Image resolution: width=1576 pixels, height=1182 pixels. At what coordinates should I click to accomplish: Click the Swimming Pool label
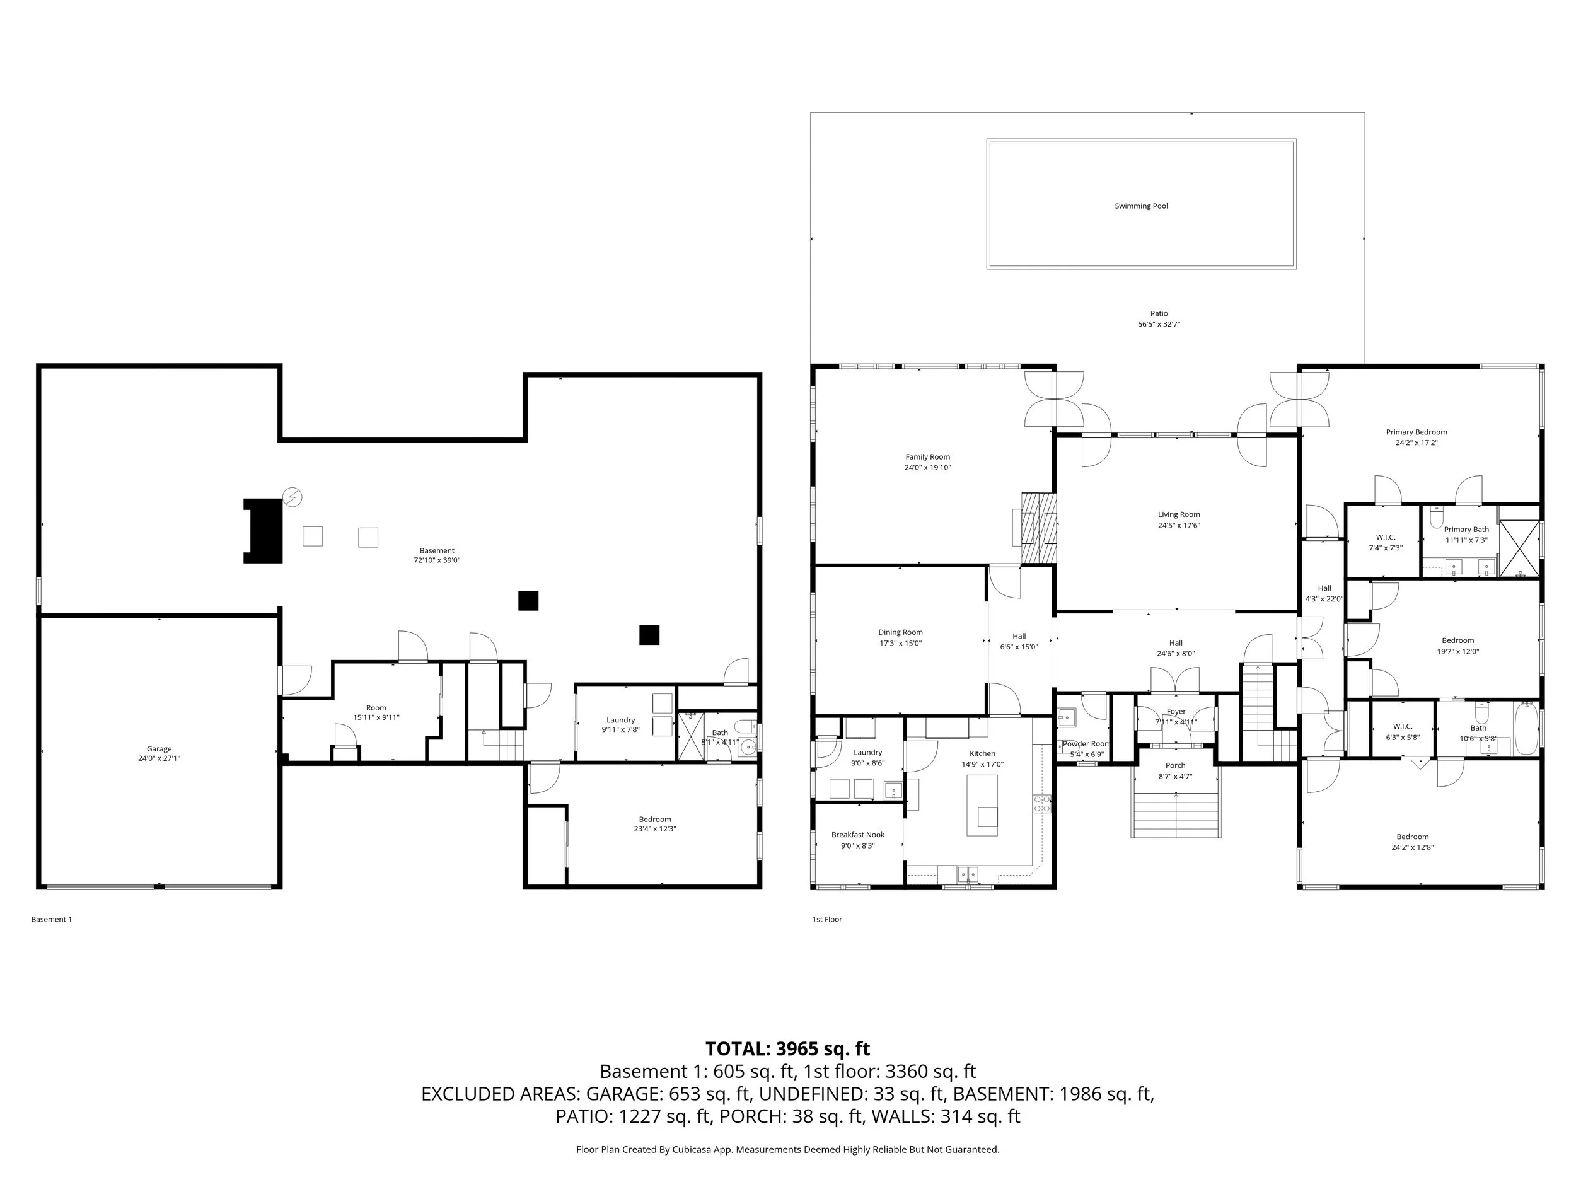pyautogui.click(x=1140, y=206)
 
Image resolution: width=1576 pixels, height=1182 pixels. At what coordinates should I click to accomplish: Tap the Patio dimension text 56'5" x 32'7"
pyautogui.click(x=1159, y=324)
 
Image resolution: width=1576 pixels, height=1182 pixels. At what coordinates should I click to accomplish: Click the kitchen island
pyautogui.click(x=982, y=805)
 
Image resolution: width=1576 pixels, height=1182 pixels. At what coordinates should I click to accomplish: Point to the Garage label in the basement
pyautogui.click(x=159, y=749)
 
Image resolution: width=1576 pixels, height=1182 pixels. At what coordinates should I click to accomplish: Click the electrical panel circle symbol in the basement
pyautogui.click(x=292, y=497)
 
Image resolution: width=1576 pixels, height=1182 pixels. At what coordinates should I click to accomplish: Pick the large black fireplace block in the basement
pyautogui.click(x=264, y=531)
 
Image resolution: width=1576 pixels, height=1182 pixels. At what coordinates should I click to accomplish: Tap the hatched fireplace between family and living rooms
pyautogui.click(x=1039, y=528)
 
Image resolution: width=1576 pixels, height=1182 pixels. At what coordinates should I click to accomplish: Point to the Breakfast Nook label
pyautogui.click(x=858, y=834)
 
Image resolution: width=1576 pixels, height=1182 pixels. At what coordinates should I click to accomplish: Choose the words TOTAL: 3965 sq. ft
pyautogui.click(x=787, y=1049)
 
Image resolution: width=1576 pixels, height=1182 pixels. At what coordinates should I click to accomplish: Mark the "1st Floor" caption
pyautogui.click(x=826, y=919)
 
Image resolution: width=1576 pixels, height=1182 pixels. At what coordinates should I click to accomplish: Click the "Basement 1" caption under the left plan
pyautogui.click(x=51, y=919)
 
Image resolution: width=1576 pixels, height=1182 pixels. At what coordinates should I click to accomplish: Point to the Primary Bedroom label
pyautogui.click(x=1416, y=432)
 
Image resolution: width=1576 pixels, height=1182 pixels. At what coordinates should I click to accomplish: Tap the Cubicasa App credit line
pyautogui.click(x=787, y=1149)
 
